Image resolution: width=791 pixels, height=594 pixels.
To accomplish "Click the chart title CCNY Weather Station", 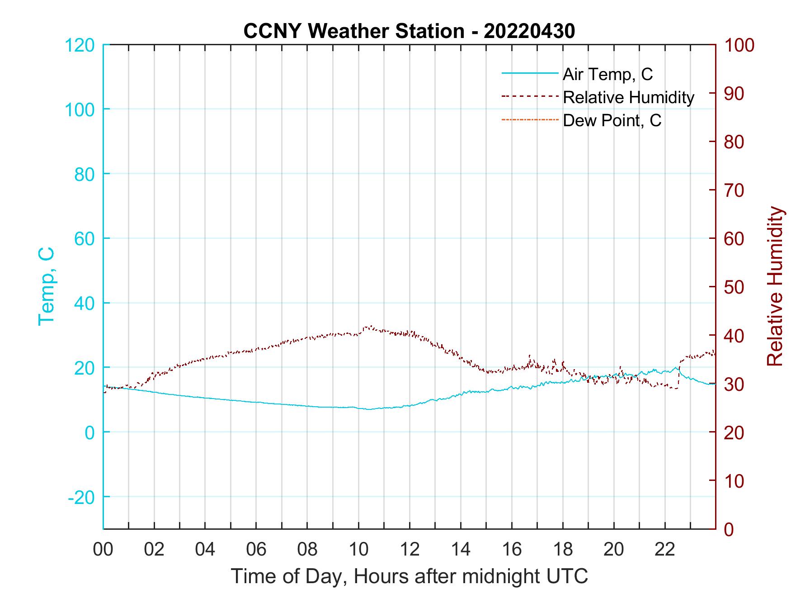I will (x=409, y=31).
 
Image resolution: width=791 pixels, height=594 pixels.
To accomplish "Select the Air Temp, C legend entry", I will (x=607, y=74).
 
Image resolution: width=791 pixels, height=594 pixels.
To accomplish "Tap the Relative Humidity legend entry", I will (x=628, y=97).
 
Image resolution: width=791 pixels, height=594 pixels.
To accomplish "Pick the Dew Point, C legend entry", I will (x=612, y=120).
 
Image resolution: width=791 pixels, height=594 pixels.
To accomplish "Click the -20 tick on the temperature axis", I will (x=81, y=497).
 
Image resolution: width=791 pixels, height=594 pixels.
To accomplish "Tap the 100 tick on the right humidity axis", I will (x=739, y=45).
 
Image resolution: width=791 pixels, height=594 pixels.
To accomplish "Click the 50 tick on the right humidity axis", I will (x=734, y=287).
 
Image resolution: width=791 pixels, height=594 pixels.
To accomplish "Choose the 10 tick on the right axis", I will (x=734, y=481).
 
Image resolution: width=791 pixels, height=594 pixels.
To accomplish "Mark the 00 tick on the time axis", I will (x=103, y=549).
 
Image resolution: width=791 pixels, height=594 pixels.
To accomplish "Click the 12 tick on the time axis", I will (x=410, y=549).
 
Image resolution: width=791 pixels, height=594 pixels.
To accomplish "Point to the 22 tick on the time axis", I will (x=665, y=549).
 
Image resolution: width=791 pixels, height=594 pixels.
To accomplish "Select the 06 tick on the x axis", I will (x=256, y=549).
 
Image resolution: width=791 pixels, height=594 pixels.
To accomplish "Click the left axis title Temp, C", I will (x=46, y=286).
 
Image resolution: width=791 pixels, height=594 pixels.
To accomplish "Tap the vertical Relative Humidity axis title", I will (x=775, y=286).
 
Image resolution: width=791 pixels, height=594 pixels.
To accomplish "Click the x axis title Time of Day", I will (x=410, y=576).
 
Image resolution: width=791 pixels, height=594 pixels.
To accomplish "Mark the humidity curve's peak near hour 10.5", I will (x=371, y=326).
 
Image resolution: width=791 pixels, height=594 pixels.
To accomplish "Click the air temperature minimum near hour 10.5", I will (x=369, y=409).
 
